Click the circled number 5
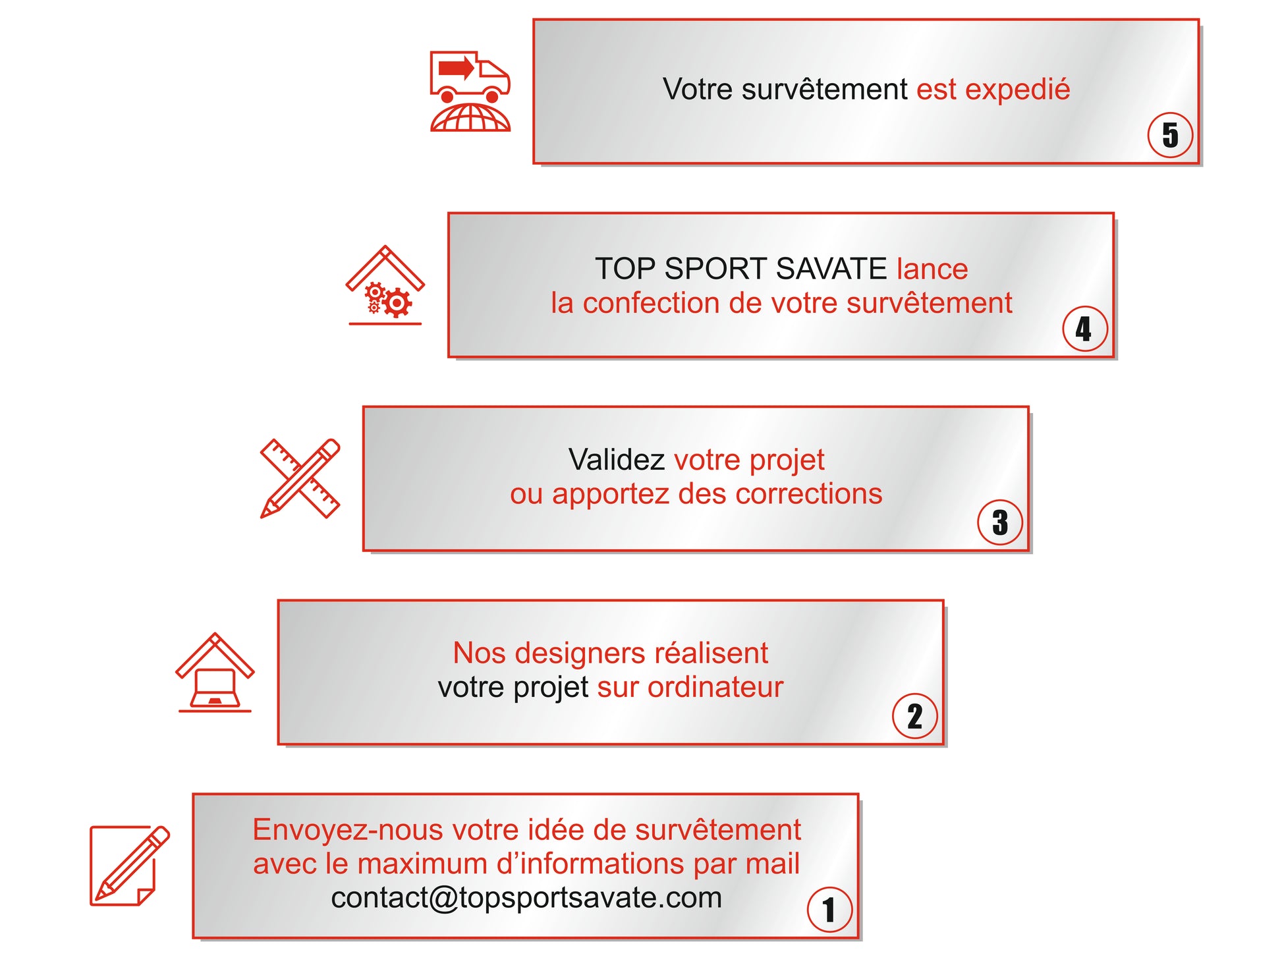point(1170,135)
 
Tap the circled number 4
point(1084,329)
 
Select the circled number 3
point(1000,522)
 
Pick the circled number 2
point(914,716)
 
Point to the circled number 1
point(829,910)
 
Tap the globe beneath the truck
point(470,118)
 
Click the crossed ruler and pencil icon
point(300,478)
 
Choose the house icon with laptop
point(215,673)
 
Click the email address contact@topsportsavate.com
point(526,898)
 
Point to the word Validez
point(617,460)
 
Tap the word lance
point(932,269)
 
